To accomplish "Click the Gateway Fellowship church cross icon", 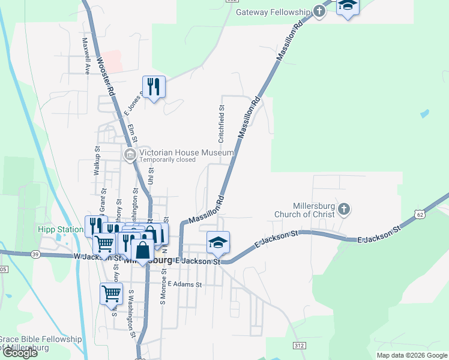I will click(x=320, y=11).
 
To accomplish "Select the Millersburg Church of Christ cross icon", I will click(x=343, y=209).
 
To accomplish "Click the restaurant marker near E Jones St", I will click(x=154, y=87).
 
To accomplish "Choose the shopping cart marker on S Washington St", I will click(x=111, y=293).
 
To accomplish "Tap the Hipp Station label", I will click(x=60, y=229).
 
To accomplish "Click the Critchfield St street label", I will click(x=221, y=124).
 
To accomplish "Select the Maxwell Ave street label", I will click(x=86, y=56).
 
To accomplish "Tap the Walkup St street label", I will click(x=96, y=160).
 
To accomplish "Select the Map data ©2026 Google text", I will click(x=411, y=355).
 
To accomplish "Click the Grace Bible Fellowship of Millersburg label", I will click(x=41, y=343).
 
